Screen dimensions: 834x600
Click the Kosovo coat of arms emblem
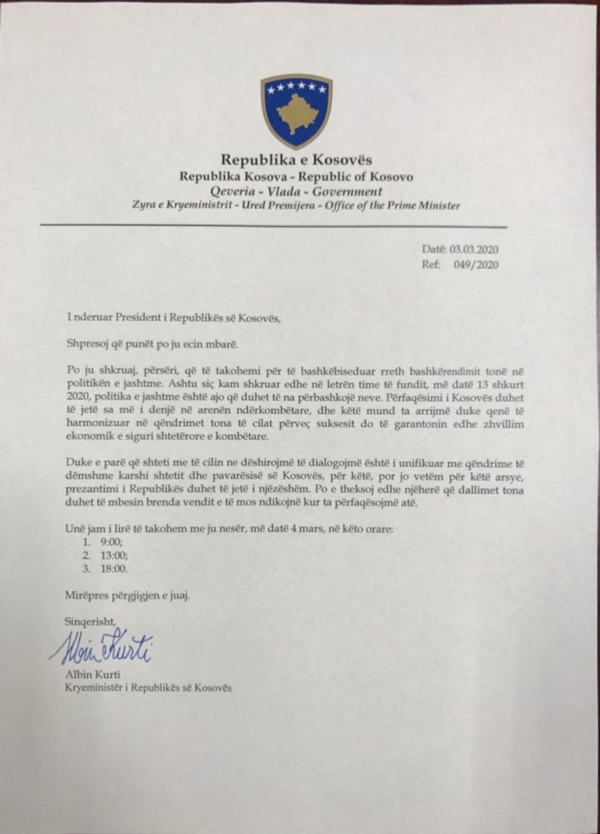tap(296, 111)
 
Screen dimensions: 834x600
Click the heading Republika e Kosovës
tap(296, 160)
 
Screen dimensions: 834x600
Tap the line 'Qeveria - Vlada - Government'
tap(296, 191)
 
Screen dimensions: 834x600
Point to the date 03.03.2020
tap(475, 250)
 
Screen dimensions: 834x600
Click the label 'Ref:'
tap(431, 265)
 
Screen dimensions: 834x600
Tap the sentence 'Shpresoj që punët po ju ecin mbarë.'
tap(151, 344)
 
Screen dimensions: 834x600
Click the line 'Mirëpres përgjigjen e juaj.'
tap(127, 595)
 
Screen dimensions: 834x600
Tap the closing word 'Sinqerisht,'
tap(90, 621)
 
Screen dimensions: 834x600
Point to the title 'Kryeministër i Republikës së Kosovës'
tap(149, 688)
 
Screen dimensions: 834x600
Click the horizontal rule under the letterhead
tap(274, 226)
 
